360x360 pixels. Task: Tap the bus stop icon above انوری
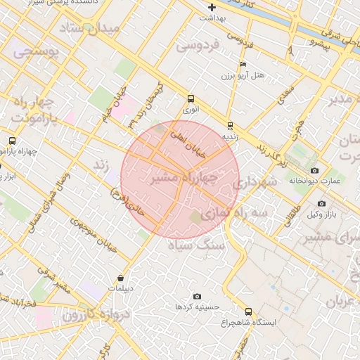tap(191, 99)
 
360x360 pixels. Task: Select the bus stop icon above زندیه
tap(230, 126)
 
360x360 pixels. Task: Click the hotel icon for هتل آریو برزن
tap(243, 64)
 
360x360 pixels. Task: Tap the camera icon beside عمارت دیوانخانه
tap(314, 171)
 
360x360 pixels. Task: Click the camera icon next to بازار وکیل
tap(322, 203)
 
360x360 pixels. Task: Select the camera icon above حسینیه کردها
tap(196, 296)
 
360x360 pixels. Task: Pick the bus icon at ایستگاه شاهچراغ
tap(247, 311)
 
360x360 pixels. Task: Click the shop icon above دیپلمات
tap(121, 278)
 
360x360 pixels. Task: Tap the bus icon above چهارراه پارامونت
tap(12, 141)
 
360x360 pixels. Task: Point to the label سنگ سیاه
tap(201, 245)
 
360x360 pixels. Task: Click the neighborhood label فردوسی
tap(198, 45)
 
